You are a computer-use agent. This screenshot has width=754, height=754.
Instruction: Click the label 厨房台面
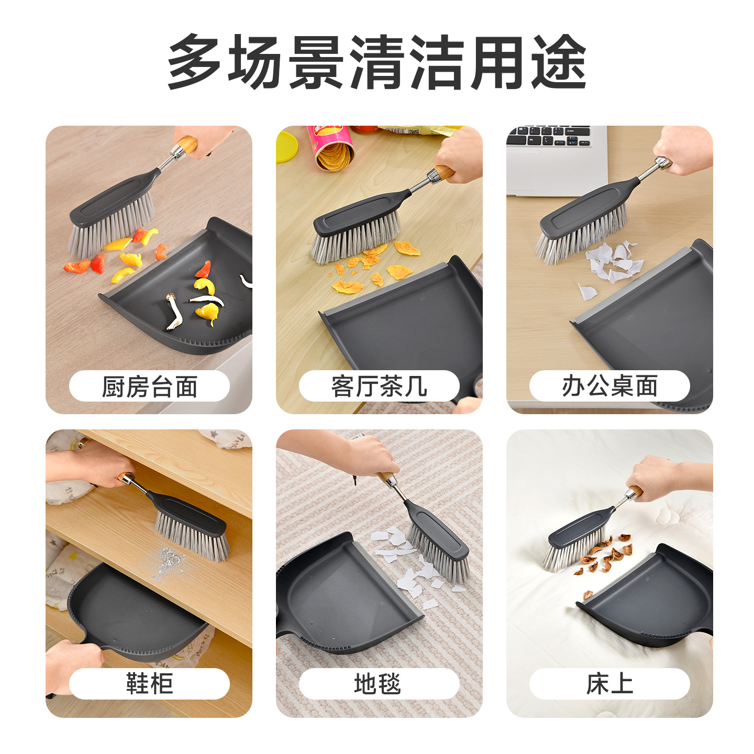click(149, 386)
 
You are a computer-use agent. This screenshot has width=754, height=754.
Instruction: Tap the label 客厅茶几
click(379, 386)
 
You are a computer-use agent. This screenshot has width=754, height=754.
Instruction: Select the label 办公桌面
click(609, 386)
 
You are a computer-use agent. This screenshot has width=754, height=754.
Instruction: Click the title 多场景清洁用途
click(377, 62)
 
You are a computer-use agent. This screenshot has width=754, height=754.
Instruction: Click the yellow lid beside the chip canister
click(286, 146)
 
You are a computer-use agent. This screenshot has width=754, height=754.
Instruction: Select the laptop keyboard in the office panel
click(548, 136)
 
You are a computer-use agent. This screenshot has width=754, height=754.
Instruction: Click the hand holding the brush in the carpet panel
click(368, 456)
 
